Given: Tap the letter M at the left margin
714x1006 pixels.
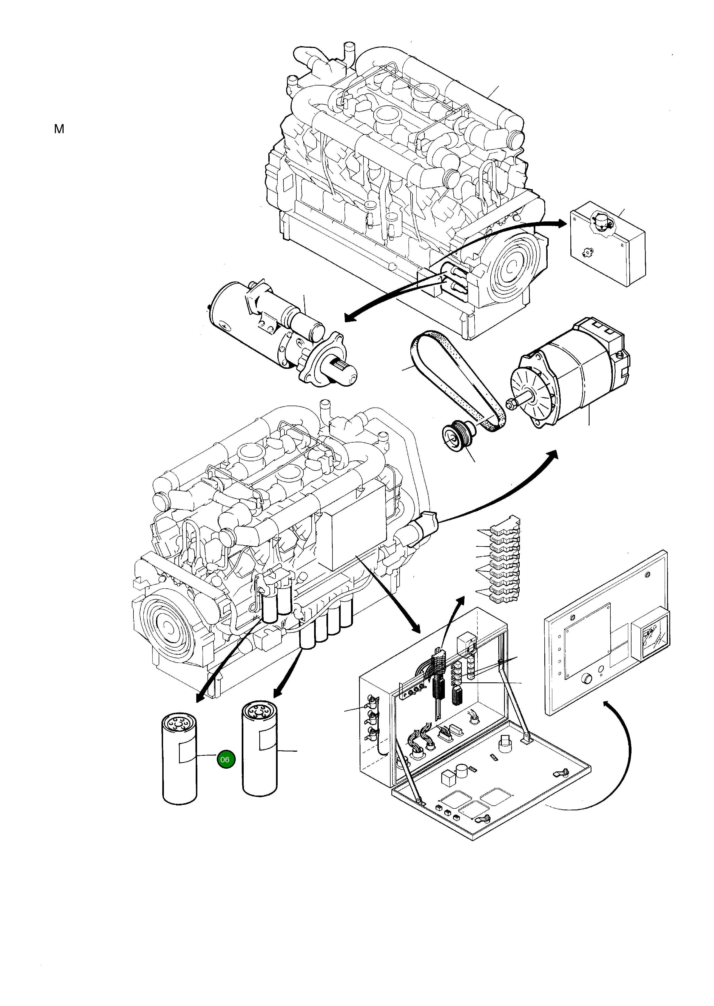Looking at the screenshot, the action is tap(59, 129).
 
